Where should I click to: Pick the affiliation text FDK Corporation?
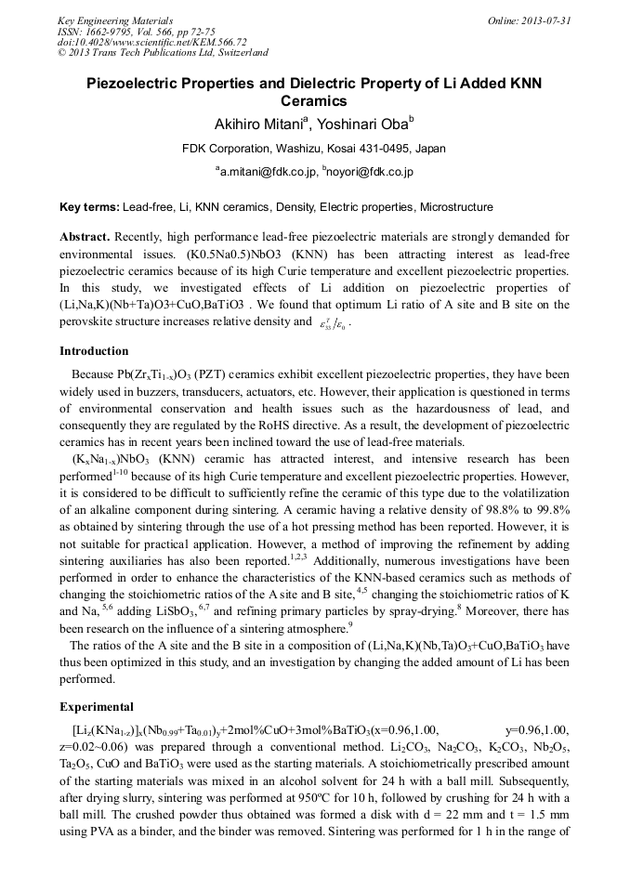(229, 149)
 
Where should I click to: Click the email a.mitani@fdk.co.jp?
(265, 172)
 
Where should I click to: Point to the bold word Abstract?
(85, 237)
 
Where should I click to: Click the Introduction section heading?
(94, 351)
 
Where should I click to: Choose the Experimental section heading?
(97, 706)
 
